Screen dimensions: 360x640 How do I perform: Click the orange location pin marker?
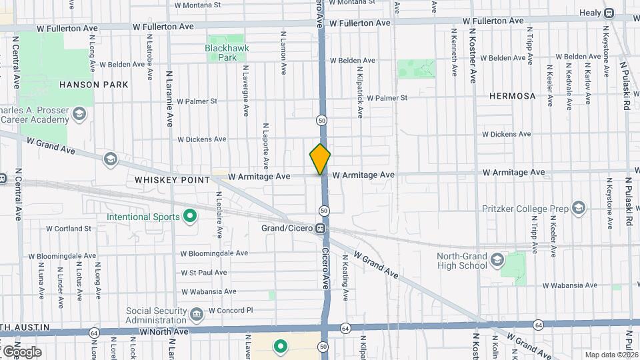(x=320, y=159)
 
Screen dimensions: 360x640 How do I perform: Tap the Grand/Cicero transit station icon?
(x=321, y=228)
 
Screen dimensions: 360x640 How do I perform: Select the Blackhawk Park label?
(x=227, y=53)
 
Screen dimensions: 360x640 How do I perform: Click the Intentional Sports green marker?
(x=189, y=216)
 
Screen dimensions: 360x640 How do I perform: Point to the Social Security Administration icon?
(x=196, y=313)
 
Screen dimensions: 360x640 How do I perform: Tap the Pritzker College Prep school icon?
(x=577, y=209)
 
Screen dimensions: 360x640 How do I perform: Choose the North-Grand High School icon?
(x=496, y=259)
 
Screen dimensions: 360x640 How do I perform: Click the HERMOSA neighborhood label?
(x=512, y=96)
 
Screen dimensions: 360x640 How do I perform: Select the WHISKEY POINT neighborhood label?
(x=172, y=180)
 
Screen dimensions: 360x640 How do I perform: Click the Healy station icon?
(x=609, y=13)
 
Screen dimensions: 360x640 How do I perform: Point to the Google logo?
(x=21, y=352)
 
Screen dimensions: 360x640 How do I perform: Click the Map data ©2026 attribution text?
(x=611, y=355)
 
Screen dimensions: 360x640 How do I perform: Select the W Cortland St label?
(x=69, y=229)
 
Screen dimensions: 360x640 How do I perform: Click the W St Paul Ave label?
(x=204, y=273)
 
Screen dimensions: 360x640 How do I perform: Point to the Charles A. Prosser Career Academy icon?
(x=80, y=115)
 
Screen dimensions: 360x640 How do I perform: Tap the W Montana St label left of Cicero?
(x=197, y=4)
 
